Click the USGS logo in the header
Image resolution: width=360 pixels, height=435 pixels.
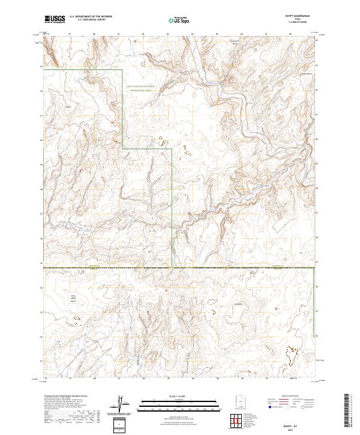click(x=54, y=20)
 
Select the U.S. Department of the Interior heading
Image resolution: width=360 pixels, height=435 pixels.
click(x=90, y=17)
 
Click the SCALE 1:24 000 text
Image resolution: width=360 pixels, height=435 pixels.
click(x=180, y=394)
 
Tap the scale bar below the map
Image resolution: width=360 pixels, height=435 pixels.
click(x=180, y=401)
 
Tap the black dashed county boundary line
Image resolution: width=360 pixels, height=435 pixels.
click(x=180, y=268)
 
